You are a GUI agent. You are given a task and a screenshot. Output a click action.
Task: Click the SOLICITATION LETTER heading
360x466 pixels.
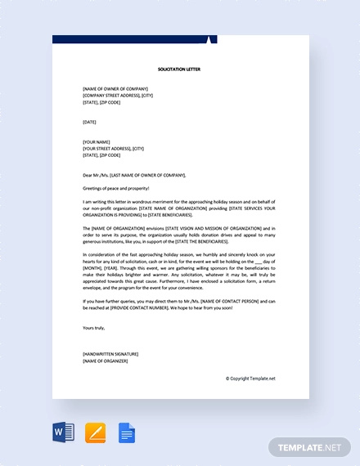pyautogui.click(x=179, y=69)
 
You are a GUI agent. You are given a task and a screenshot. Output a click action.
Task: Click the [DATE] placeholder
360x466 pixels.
pyautogui.click(x=89, y=122)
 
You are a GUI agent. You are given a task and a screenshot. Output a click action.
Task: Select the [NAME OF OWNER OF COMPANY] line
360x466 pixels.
pyautogui.click(x=115, y=88)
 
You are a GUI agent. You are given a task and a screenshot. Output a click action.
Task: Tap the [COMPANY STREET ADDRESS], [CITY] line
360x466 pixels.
pyautogui.click(x=118, y=95)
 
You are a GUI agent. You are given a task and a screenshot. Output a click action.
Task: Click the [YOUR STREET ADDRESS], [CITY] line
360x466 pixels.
pyautogui.click(x=113, y=148)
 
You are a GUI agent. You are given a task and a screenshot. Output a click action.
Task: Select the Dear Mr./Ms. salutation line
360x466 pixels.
pyautogui.click(x=134, y=175)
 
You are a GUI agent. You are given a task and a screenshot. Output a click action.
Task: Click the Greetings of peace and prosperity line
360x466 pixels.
pyautogui.click(x=123, y=188)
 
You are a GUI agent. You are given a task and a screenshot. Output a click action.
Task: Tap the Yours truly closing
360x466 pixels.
pyautogui.click(x=95, y=327)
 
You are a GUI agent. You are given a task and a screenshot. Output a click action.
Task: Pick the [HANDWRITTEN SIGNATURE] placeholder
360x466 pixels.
pyautogui.click(x=110, y=353)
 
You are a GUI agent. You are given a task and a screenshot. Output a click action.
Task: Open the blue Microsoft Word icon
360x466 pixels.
pyautogui.click(x=63, y=432)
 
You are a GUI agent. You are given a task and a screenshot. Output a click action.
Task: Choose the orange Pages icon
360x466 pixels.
pyautogui.click(x=95, y=432)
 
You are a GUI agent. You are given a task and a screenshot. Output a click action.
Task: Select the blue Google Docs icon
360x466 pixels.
pyautogui.click(x=127, y=432)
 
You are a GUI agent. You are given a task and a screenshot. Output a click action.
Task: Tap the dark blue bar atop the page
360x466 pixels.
pyautogui.click(x=131, y=39)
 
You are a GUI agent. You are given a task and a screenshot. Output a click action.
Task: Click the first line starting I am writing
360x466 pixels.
pyautogui.click(x=179, y=201)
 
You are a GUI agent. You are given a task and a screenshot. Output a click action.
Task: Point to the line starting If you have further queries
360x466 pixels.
pyautogui.click(x=179, y=301)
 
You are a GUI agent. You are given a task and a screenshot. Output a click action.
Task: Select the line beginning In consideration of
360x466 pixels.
pyautogui.click(x=179, y=254)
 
